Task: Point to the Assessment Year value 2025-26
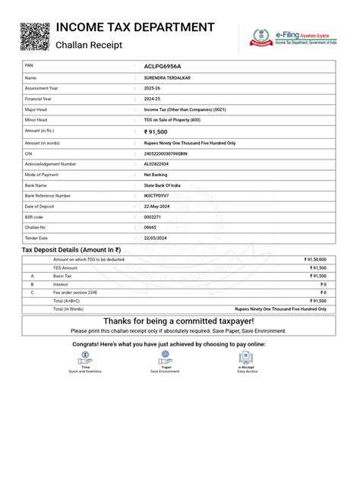point(153,88)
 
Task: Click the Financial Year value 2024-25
point(153,99)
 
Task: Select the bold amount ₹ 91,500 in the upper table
point(161,131)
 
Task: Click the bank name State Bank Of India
point(163,185)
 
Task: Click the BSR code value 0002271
point(153,216)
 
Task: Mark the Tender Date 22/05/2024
point(156,238)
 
